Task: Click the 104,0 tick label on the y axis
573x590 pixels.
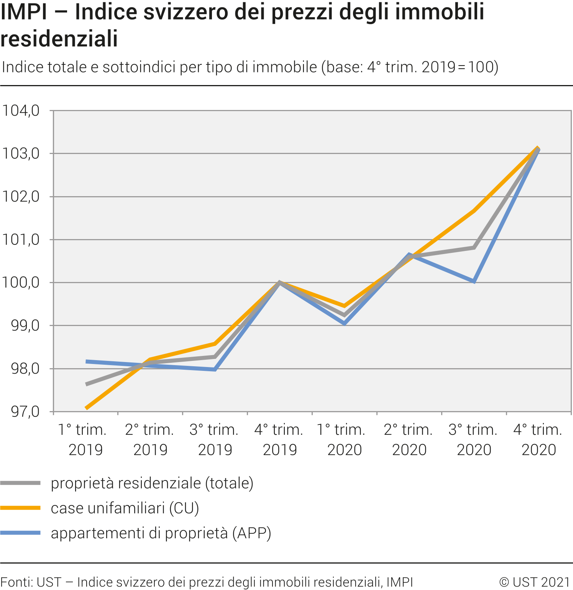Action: (x=21, y=111)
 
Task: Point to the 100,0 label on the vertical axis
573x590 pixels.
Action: (x=21, y=283)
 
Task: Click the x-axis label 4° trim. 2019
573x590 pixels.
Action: (x=279, y=439)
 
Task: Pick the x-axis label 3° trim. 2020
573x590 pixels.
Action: (x=474, y=439)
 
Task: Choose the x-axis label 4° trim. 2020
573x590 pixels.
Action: (x=539, y=439)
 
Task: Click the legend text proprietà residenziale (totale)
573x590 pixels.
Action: (x=152, y=483)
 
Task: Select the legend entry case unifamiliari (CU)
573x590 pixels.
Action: (x=125, y=508)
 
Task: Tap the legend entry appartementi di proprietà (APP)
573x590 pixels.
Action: (x=161, y=533)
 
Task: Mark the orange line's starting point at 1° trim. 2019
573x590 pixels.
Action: (x=86, y=408)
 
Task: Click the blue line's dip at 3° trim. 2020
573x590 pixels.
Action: (x=474, y=282)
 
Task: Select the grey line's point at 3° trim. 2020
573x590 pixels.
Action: (x=474, y=248)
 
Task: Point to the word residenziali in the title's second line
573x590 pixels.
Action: (x=59, y=39)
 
